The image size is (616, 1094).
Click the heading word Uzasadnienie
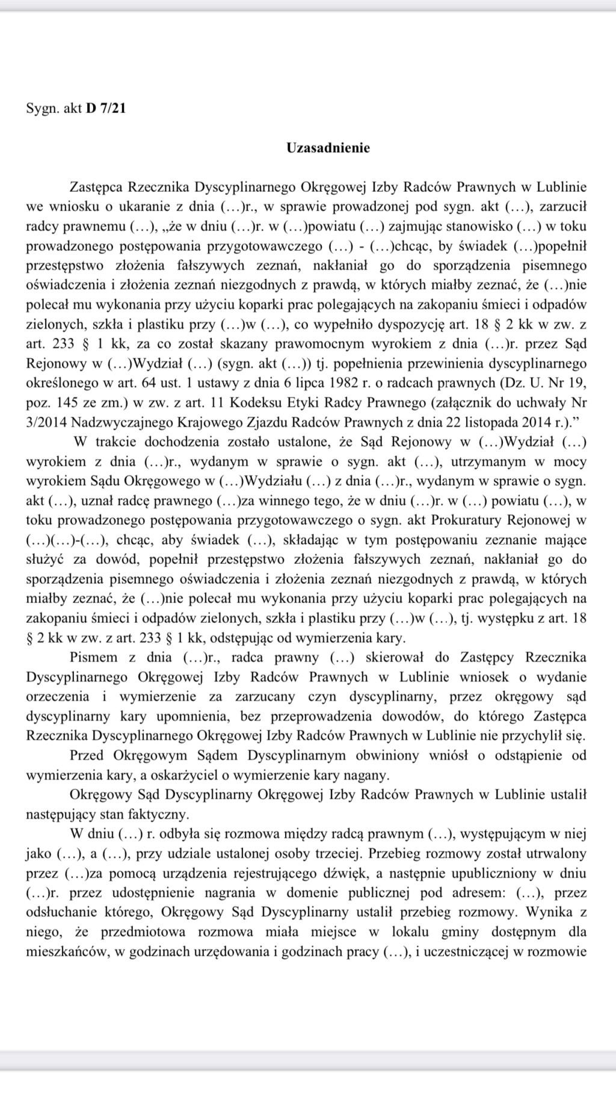(x=328, y=148)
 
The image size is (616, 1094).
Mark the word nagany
(x=371, y=775)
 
